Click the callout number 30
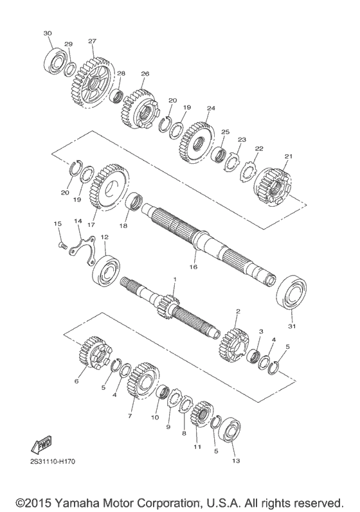(x=48, y=33)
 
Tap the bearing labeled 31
(x=292, y=294)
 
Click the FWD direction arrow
(x=41, y=445)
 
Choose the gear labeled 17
(x=105, y=187)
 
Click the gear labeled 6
(x=94, y=356)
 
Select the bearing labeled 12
(x=105, y=270)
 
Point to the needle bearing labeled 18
(x=134, y=202)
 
